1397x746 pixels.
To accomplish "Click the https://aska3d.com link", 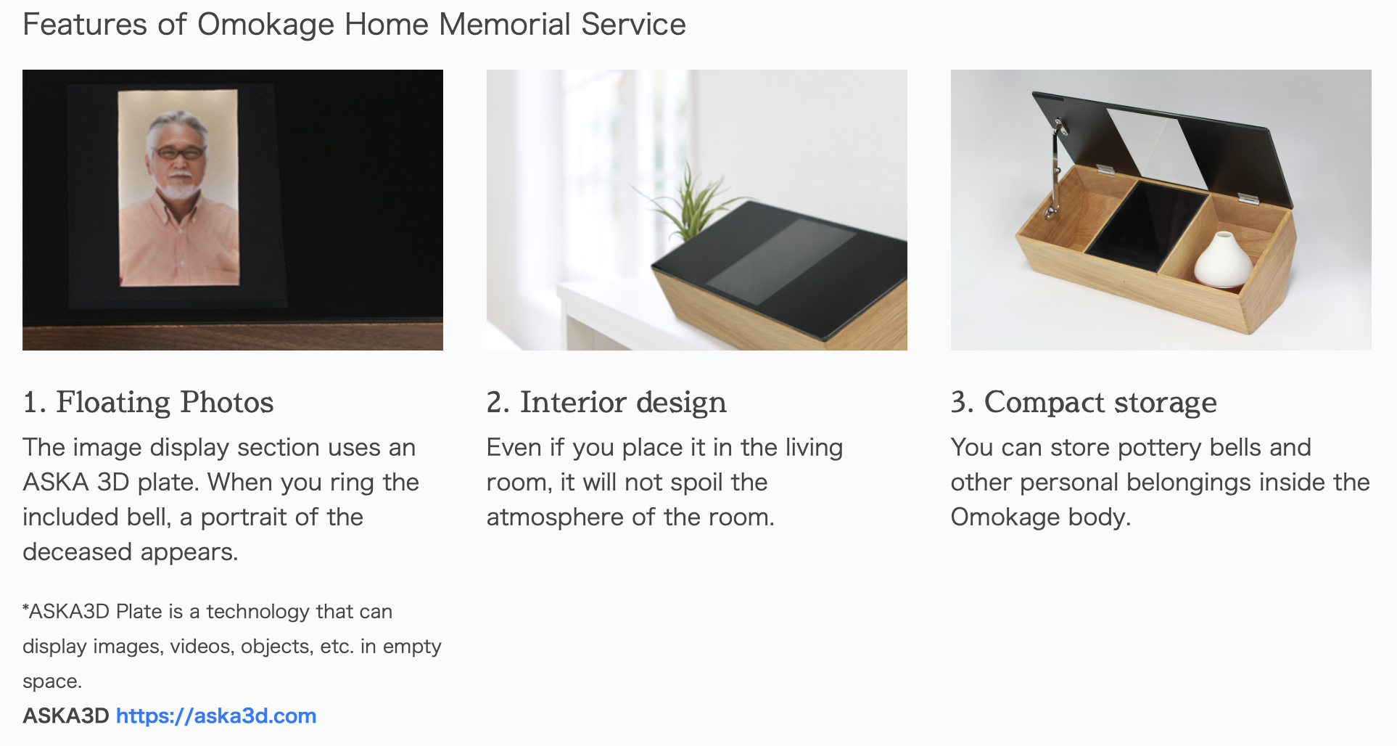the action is pos(216,716).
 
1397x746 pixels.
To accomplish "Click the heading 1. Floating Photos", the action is pos(148,402).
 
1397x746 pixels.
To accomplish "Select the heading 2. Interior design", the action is pos(606,402).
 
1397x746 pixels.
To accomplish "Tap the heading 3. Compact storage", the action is pos(1084,402).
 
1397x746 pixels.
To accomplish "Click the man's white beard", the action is pos(178,188).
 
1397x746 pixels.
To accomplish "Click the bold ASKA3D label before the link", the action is pos(66,716).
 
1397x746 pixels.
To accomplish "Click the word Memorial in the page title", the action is pos(505,25).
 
